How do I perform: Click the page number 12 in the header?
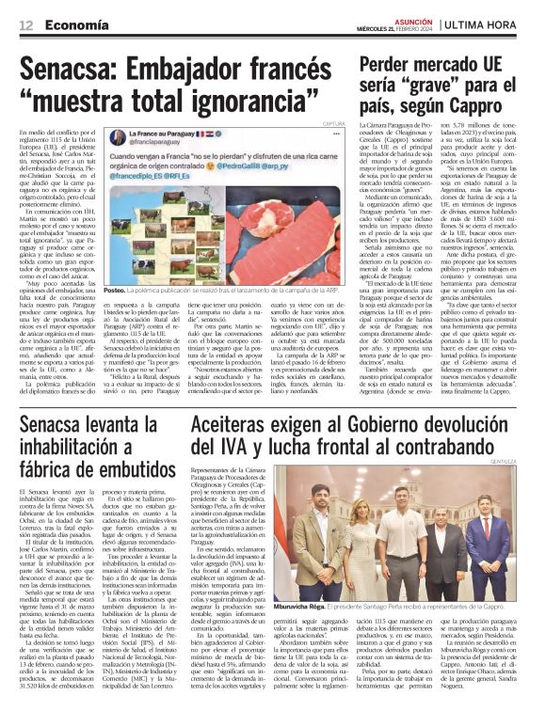coord(26,24)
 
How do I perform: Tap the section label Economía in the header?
coord(72,24)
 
